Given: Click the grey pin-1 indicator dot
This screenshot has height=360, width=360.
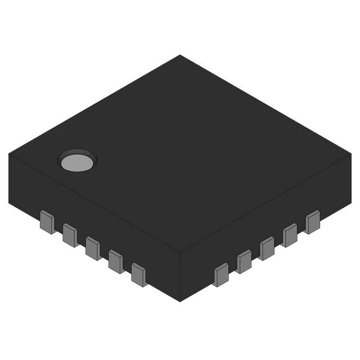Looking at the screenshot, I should [x=77, y=162].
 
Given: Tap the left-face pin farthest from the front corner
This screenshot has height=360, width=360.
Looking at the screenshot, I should [x=48, y=222].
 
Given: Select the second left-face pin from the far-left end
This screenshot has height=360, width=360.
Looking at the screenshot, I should [x=70, y=235].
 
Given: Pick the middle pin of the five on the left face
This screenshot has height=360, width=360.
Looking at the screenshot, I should [x=93, y=248].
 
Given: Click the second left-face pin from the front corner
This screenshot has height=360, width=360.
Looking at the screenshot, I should [x=116, y=261].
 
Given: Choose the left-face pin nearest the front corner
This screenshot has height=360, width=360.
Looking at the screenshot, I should [x=138, y=274].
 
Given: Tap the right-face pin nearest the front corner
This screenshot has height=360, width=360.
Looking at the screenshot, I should [x=221, y=274].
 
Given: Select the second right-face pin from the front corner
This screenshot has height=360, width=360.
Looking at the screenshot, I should [x=244, y=262].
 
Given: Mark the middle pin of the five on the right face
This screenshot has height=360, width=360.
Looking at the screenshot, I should [x=267, y=248].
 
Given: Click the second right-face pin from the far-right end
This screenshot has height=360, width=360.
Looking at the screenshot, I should [x=290, y=235].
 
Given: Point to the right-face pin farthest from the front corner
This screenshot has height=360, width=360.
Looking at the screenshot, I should [x=312, y=222].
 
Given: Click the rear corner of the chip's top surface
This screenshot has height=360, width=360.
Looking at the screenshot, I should [x=180, y=55].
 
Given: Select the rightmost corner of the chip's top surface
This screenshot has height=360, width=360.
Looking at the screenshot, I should [x=350, y=154].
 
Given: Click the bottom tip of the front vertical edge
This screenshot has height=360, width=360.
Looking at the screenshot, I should [x=180, y=301].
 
